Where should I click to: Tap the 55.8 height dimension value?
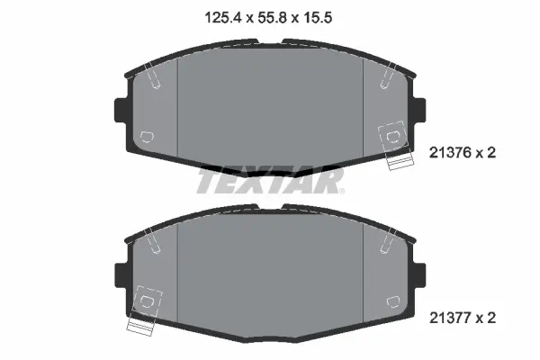(x=272, y=17)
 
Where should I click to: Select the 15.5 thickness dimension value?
(x=317, y=17)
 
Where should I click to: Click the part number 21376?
(x=450, y=153)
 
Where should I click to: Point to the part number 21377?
(x=450, y=318)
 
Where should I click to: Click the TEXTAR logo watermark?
(x=270, y=180)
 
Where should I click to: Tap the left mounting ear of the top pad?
(x=121, y=110)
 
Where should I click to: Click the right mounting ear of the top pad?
(x=419, y=110)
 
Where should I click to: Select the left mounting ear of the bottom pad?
(x=121, y=275)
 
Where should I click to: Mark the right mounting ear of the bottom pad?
(x=419, y=275)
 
